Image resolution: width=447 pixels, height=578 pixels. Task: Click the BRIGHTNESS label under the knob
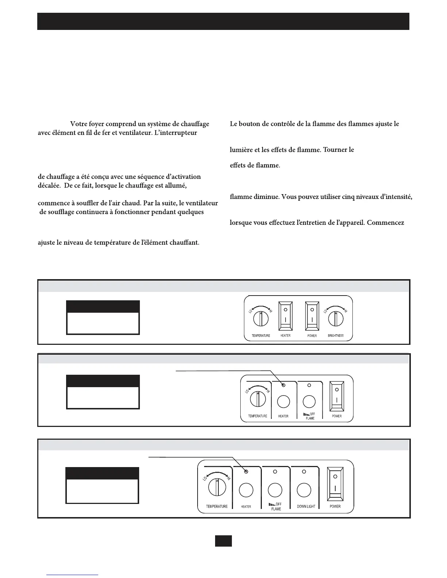point(336,336)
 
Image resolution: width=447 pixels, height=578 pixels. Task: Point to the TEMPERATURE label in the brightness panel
point(261,336)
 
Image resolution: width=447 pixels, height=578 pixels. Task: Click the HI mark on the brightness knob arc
point(345,311)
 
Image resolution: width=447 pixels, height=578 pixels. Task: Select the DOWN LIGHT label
point(306,506)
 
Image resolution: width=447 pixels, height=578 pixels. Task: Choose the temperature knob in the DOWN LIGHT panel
point(217,487)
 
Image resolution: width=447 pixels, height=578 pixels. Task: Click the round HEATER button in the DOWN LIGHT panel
point(246,490)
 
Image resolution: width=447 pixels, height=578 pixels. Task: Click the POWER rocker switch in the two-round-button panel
point(336,397)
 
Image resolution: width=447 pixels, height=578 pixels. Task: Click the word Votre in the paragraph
point(79,124)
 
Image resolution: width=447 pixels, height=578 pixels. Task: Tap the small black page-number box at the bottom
point(223,541)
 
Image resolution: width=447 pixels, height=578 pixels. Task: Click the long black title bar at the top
point(223,21)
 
